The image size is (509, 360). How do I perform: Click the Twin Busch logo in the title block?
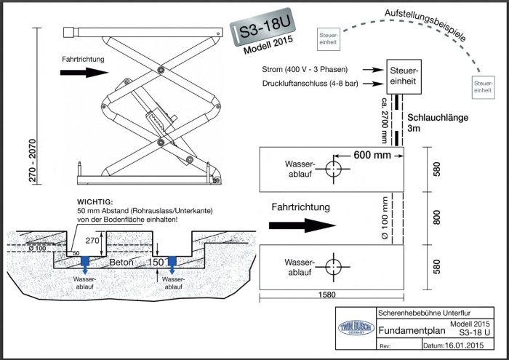tap(356, 327)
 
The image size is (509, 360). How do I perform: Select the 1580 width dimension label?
tap(327, 295)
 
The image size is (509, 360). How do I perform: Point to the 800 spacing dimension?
tap(436, 217)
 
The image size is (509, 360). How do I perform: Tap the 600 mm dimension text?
tap(372, 155)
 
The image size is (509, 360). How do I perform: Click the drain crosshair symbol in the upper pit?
tap(333, 169)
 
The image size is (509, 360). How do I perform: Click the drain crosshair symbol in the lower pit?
tap(333, 267)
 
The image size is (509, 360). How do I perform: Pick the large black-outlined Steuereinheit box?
tap(404, 76)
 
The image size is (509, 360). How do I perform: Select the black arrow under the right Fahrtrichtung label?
tap(302, 225)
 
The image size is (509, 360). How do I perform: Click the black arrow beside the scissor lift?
tap(84, 72)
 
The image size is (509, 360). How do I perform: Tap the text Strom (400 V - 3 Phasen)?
tap(305, 69)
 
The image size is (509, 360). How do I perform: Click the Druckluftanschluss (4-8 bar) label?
tap(310, 84)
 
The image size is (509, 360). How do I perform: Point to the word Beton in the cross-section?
tap(121, 262)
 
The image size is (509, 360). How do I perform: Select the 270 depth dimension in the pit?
tap(92, 241)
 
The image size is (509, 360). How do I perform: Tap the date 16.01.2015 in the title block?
tap(464, 345)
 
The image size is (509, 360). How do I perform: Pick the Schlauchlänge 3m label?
tap(438, 122)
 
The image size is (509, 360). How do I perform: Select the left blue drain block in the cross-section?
tap(85, 260)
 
